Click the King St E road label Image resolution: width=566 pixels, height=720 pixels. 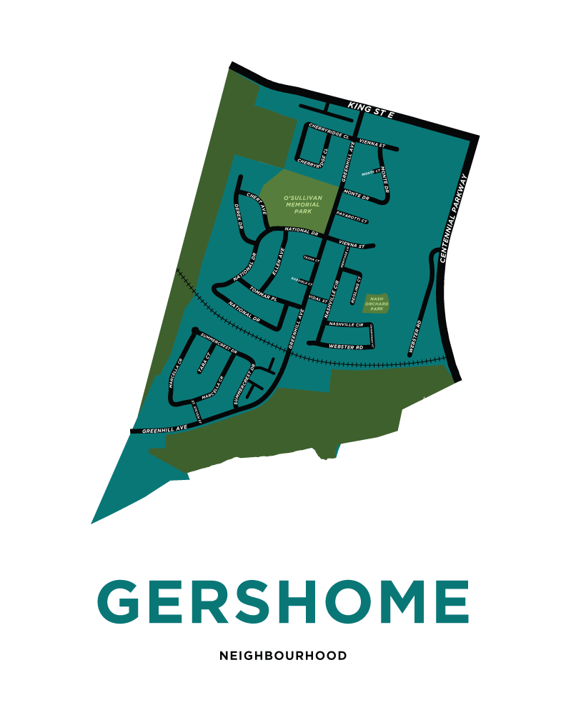pyautogui.click(x=371, y=110)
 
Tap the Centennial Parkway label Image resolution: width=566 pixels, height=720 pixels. pyautogui.click(x=454, y=219)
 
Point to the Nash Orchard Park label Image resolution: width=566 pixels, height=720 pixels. pyautogui.click(x=377, y=304)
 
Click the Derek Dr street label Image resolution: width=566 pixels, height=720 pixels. pyautogui.click(x=239, y=216)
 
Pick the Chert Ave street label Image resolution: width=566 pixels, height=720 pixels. pyautogui.click(x=256, y=203)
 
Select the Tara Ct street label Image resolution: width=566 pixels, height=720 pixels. pyautogui.click(x=203, y=363)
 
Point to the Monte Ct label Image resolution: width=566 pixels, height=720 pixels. pyautogui.click(x=371, y=173)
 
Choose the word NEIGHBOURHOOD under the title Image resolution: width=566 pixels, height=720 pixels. pyautogui.click(x=283, y=655)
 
